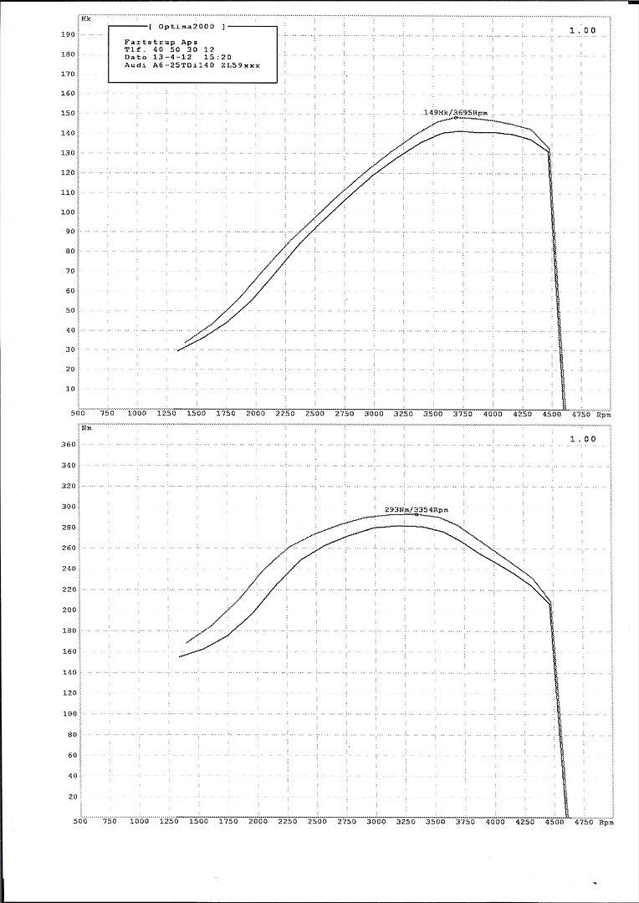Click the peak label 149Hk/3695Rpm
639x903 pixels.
(x=456, y=112)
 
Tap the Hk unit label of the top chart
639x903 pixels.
(x=86, y=17)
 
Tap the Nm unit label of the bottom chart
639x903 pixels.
(x=87, y=427)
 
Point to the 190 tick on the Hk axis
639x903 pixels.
(x=69, y=35)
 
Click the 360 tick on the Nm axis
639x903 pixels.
(x=69, y=445)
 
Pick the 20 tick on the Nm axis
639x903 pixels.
(x=72, y=796)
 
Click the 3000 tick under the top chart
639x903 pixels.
(x=374, y=414)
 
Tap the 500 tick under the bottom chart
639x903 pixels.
(x=79, y=823)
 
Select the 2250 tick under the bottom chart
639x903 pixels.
(x=286, y=823)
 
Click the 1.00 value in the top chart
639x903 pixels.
(x=582, y=30)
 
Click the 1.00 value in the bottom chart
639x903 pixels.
(x=582, y=438)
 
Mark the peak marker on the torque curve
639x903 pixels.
(x=417, y=514)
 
